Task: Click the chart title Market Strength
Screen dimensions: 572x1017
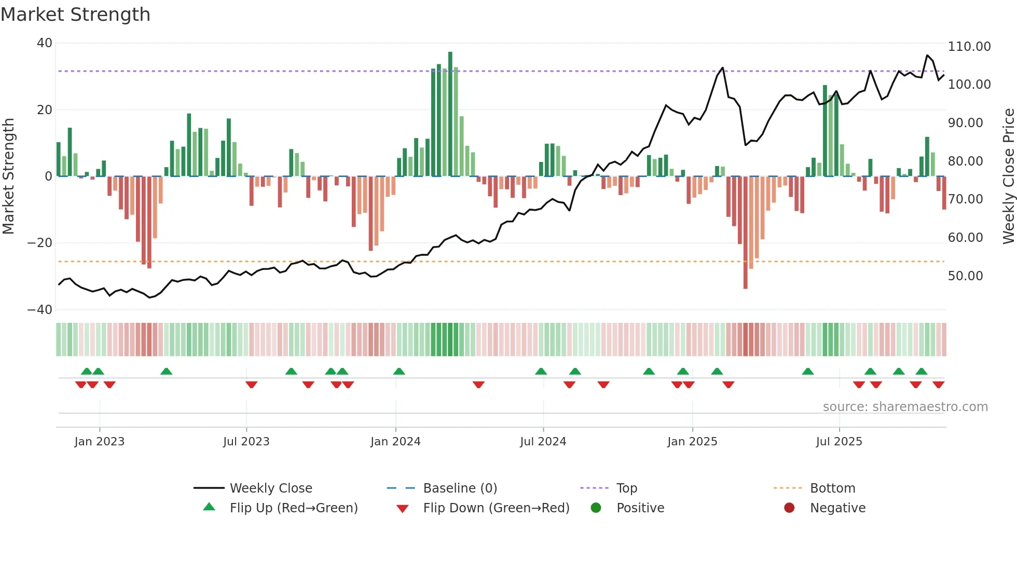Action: coord(76,15)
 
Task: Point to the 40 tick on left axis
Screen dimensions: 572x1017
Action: coord(45,43)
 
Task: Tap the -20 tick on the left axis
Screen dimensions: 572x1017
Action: coord(40,243)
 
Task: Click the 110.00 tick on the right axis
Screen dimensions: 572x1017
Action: coord(969,47)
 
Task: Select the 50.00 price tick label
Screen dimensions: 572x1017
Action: coord(965,276)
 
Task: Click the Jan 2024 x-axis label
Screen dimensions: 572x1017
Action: coord(395,442)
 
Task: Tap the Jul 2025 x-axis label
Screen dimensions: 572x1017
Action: coord(839,442)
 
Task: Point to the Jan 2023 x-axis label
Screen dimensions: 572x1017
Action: coord(99,442)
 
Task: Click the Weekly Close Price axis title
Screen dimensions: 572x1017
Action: coord(1008,176)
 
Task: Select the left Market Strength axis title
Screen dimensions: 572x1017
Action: coord(8,176)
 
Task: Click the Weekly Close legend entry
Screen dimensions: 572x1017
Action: coord(270,488)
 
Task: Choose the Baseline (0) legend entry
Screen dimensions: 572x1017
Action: coord(460,488)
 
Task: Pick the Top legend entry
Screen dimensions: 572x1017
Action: coord(626,488)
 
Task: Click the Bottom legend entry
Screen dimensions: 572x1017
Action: coord(832,488)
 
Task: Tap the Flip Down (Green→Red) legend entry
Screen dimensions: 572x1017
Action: coord(496,508)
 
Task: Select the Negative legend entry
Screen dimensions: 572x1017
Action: coord(837,508)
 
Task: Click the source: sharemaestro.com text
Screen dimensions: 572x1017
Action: coord(905,407)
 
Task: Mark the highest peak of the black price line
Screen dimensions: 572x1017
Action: coord(927,55)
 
